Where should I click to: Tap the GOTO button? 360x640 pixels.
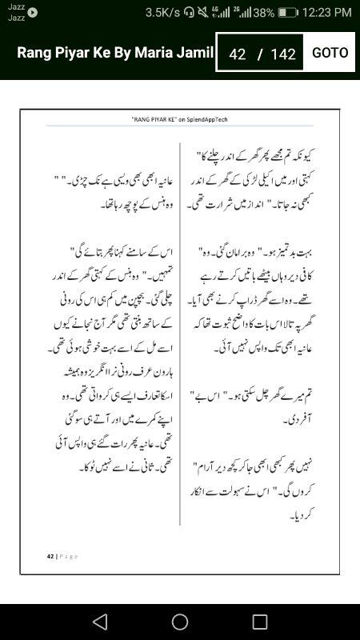tap(330, 53)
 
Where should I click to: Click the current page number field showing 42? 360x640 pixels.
tap(237, 54)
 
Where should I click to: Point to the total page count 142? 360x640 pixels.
tap(283, 54)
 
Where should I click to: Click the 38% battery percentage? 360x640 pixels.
tap(265, 12)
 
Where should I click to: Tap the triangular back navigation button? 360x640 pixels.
tap(99, 622)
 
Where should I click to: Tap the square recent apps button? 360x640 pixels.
tap(260, 622)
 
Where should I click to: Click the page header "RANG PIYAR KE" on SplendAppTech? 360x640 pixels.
tap(179, 118)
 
